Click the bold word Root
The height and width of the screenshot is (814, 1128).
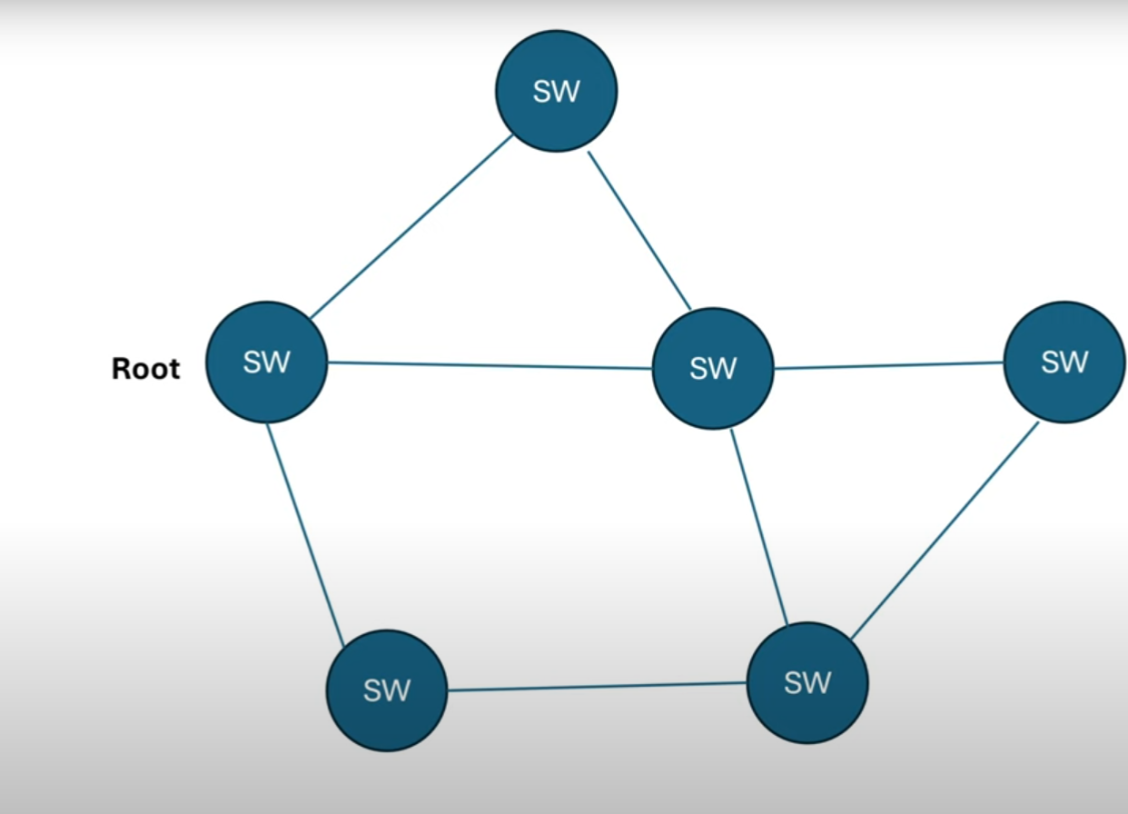click(x=145, y=368)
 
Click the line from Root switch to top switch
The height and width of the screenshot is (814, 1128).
click(x=411, y=227)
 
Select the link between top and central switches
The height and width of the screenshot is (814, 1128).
click(x=639, y=232)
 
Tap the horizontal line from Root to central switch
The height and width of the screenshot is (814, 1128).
click(x=490, y=366)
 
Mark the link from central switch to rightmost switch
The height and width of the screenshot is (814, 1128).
click(x=888, y=366)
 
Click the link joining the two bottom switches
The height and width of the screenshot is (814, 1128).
click(x=597, y=687)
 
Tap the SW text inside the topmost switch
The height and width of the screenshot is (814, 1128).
click(x=556, y=92)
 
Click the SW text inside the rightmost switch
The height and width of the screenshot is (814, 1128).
click(x=1064, y=362)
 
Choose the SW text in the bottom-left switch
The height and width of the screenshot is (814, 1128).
click(x=387, y=691)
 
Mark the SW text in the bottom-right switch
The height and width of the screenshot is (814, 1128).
click(x=807, y=683)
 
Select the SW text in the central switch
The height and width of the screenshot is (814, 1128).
click(x=713, y=369)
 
